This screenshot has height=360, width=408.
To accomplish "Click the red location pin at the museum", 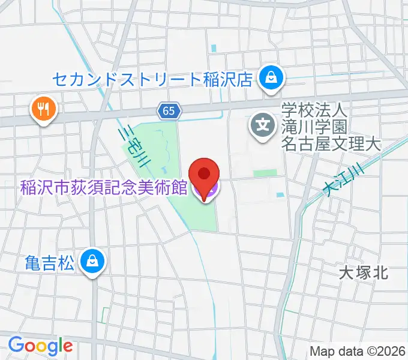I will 205,175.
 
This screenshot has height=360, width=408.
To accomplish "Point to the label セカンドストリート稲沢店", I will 151,79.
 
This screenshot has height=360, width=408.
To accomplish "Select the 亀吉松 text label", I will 51,262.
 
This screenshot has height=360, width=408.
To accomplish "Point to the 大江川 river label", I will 344,180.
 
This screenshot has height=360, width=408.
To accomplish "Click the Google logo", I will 40,346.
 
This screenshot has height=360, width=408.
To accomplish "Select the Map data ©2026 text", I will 358,351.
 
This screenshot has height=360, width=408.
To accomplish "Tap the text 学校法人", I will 315,110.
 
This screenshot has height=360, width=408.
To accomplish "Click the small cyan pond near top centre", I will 214,47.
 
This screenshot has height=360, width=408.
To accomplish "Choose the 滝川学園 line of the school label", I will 315,127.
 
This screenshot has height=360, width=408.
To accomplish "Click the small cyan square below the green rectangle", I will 279,194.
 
